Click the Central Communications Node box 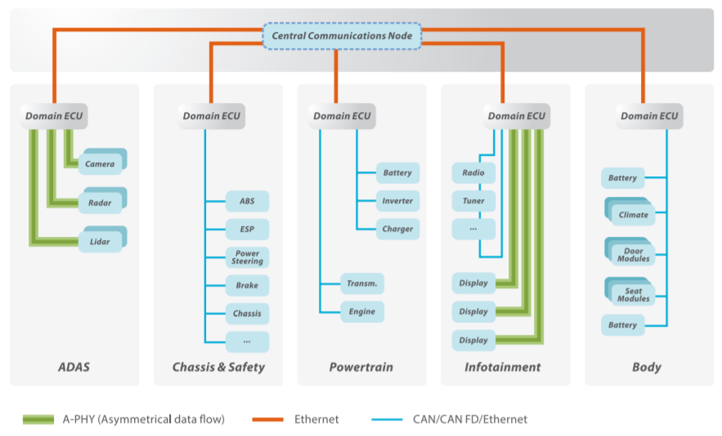click(342, 36)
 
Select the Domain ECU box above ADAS click(54, 116)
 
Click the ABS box click(247, 202)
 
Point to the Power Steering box click(247, 258)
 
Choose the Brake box click(247, 286)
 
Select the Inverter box click(397, 201)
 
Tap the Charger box click(397, 229)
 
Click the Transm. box click(361, 283)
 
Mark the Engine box click(361, 312)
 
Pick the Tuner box click(473, 201)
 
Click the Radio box click(473, 173)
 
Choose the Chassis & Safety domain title click(218, 367)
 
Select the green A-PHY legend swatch click(38, 420)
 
